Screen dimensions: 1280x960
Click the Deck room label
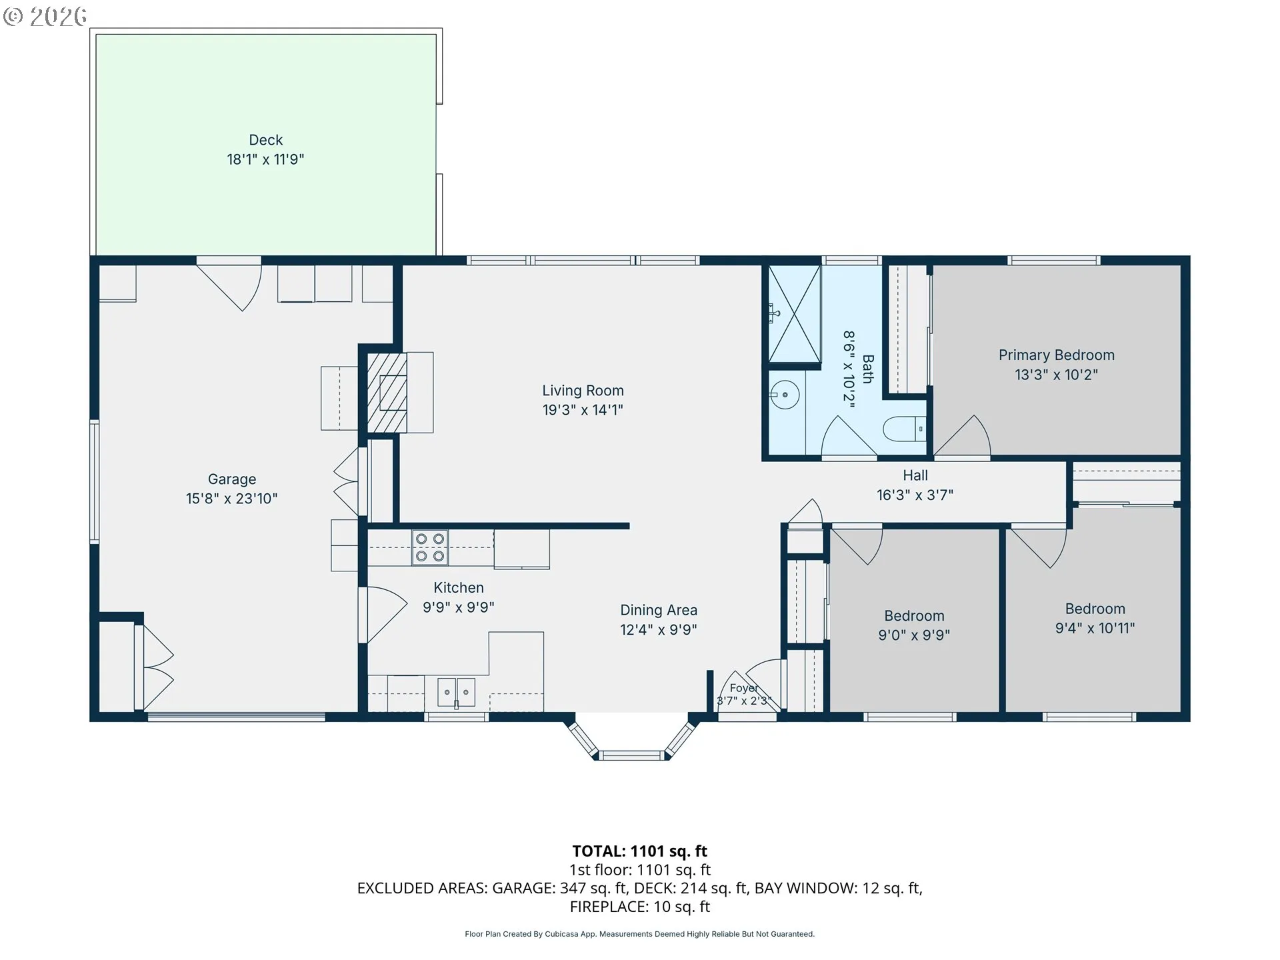tap(265, 140)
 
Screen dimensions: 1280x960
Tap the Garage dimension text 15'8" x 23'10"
tap(231, 499)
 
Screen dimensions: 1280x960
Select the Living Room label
tap(583, 391)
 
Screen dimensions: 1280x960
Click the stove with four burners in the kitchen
tap(429, 547)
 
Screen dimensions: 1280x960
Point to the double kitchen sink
tap(456, 693)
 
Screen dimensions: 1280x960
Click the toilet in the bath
tap(905, 429)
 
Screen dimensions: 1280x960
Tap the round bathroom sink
tap(785, 395)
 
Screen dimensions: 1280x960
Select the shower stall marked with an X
tap(794, 314)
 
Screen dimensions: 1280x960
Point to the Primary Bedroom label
tap(1056, 355)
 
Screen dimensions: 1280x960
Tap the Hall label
tap(915, 475)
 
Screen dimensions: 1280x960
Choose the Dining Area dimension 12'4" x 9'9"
tap(659, 629)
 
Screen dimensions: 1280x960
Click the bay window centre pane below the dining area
tap(632, 755)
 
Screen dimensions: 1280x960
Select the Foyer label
tap(743, 688)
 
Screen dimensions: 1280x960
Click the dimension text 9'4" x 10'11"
tap(1095, 628)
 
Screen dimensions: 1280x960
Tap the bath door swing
tap(849, 437)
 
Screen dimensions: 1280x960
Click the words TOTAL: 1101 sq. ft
tap(640, 851)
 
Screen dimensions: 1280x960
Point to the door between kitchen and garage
tap(383, 615)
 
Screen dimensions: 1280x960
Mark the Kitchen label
tap(459, 588)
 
